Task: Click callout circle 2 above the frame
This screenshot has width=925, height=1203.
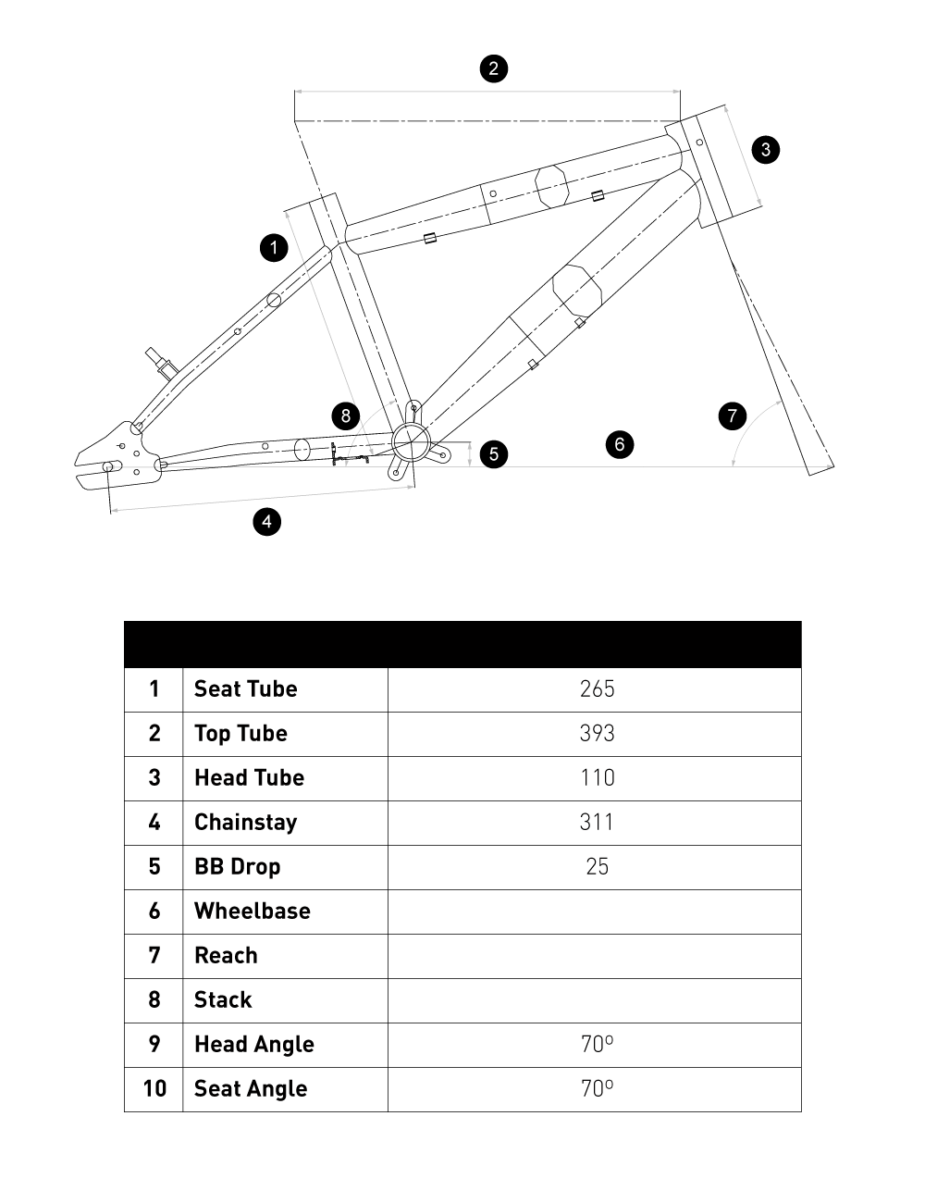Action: tap(493, 68)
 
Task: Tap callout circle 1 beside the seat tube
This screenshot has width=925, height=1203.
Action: tap(274, 248)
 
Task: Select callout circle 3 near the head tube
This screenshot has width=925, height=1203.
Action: tap(765, 149)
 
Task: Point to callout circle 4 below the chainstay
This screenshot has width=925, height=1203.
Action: tap(266, 522)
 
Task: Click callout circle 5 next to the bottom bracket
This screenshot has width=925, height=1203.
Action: tap(494, 453)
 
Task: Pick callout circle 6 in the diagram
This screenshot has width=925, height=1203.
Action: tap(620, 444)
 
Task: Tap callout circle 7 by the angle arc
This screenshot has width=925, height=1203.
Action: tap(733, 415)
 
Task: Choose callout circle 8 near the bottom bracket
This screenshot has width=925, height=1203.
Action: tap(346, 415)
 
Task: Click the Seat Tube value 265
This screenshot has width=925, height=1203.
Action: tap(597, 689)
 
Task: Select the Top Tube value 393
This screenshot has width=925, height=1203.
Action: tap(597, 734)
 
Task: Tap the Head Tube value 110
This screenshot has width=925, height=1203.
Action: tap(597, 778)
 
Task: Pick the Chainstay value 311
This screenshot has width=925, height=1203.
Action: tap(597, 823)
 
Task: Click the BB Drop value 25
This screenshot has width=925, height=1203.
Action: tap(597, 867)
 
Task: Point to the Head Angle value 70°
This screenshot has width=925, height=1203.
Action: tap(597, 1045)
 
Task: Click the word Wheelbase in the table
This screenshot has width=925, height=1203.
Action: tap(252, 912)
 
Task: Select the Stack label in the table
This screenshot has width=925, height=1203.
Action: tap(223, 1000)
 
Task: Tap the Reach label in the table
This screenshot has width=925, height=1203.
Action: tap(226, 956)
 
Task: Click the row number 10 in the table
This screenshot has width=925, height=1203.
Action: tap(154, 1089)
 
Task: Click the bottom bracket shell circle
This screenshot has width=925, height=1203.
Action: tap(411, 442)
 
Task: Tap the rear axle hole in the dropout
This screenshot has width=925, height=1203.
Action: tap(108, 466)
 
